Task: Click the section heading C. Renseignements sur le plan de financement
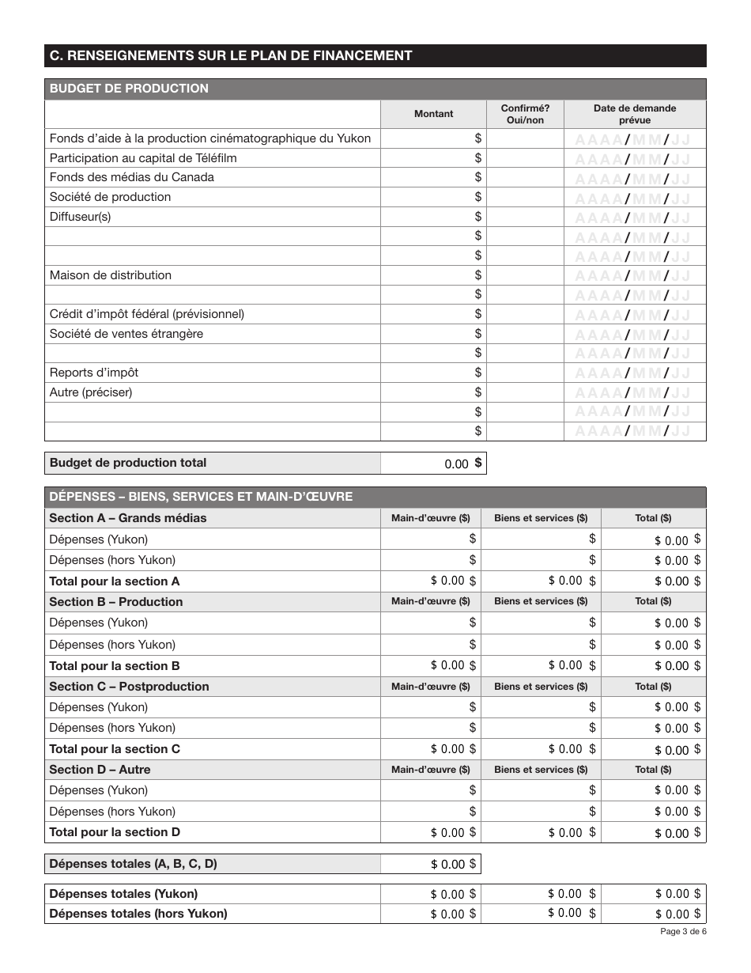coord(231,55)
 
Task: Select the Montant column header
coord(434,114)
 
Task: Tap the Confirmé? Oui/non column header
coord(526,114)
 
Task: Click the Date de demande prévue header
coord(635,114)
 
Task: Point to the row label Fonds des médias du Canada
coord(132,177)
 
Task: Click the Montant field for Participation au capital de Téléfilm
coord(434,158)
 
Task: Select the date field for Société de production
coord(634,198)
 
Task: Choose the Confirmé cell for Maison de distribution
coord(526,275)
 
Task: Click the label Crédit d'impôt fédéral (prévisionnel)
coord(147,314)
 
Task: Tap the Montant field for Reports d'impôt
coord(434,373)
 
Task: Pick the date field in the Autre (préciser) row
coord(634,392)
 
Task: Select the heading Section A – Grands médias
coord(128,518)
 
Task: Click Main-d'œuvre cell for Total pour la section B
coord(431,665)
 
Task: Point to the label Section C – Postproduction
coord(130,687)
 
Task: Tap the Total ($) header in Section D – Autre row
coord(653,770)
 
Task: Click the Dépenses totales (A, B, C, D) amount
coord(431,864)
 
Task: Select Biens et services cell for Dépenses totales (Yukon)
coord(542,894)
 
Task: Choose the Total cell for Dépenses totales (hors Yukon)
coord(654,914)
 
